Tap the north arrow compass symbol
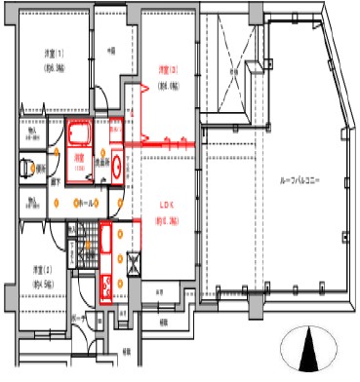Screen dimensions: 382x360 [x=309, y=348]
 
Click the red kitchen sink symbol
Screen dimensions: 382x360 [x=105, y=285]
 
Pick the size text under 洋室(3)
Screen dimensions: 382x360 [x=168, y=84]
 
